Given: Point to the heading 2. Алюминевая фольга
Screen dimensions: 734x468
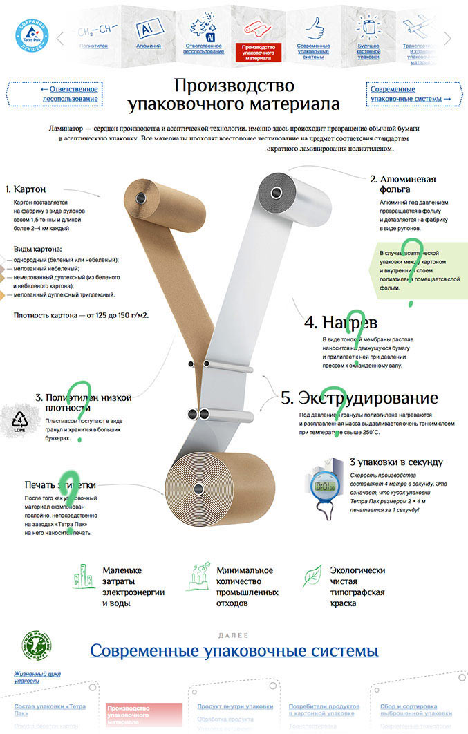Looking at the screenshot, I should [403, 183].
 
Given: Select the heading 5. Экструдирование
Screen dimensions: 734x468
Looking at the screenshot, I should [359, 398].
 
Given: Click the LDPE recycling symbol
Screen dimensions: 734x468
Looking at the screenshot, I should [19, 421].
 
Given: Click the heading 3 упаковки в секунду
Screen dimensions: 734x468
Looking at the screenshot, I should [396, 462].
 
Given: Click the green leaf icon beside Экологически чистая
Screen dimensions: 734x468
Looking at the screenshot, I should [313, 576].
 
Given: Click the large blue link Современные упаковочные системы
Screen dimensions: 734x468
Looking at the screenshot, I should [234, 650].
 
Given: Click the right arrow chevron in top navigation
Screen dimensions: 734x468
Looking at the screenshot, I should [449, 39].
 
